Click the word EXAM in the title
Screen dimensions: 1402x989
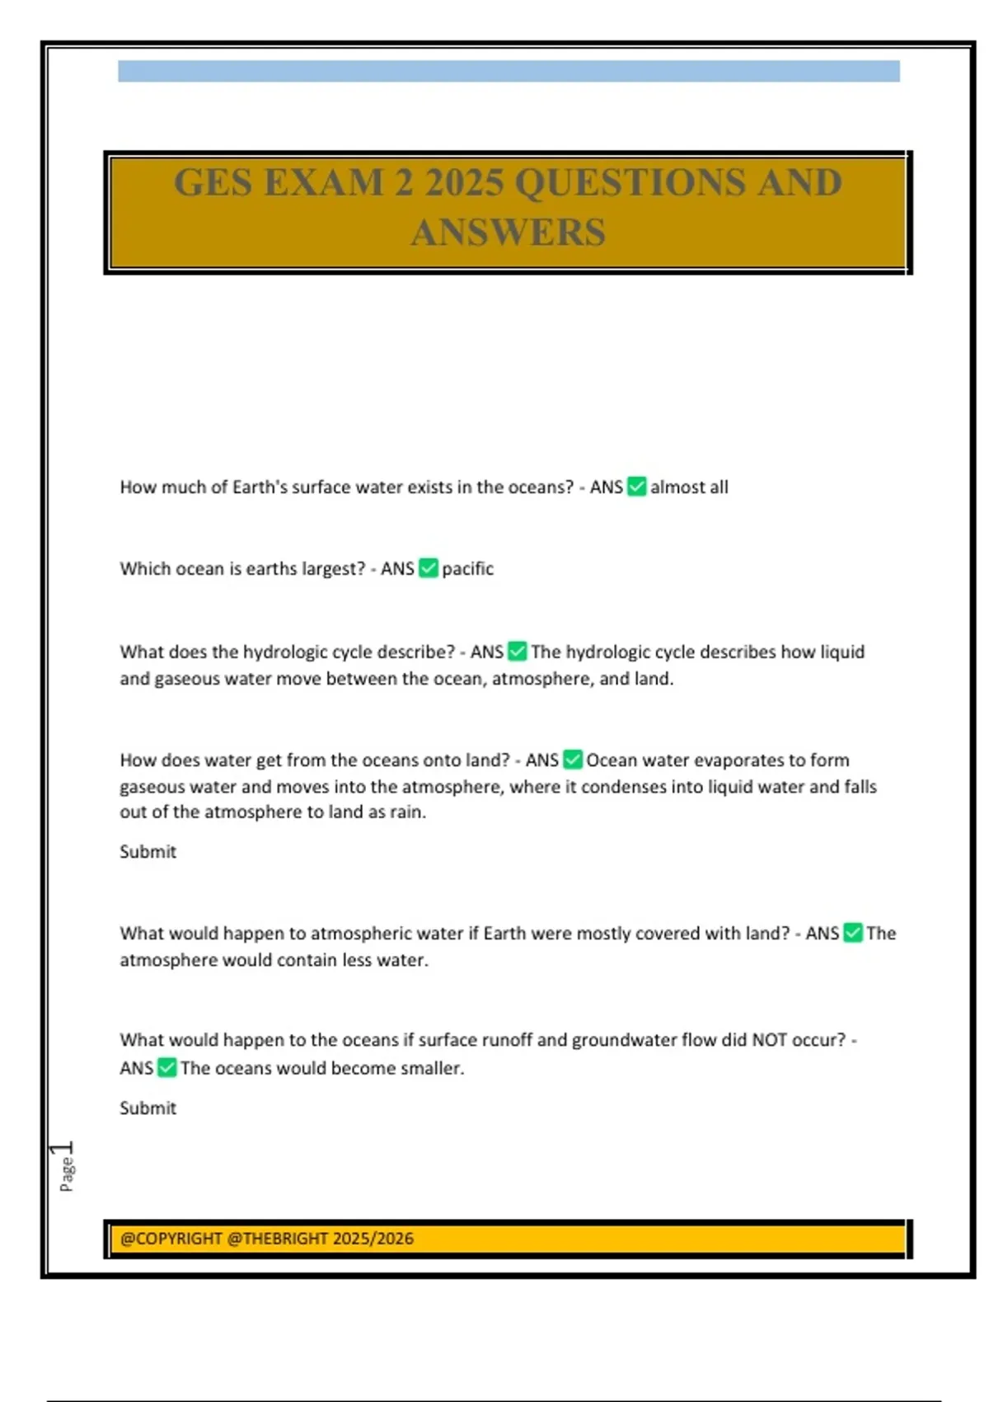tap(324, 182)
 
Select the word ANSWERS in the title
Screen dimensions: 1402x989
tap(508, 233)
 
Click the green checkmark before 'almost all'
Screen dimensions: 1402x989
tap(636, 487)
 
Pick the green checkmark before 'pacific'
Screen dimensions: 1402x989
tap(428, 568)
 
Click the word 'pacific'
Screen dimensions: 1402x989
tap(467, 569)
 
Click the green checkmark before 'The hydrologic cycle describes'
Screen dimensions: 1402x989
tap(517, 652)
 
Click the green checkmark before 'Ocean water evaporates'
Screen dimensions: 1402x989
tap(572, 760)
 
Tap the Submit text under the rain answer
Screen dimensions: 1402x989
tap(148, 852)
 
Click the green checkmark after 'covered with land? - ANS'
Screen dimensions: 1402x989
tap(853, 933)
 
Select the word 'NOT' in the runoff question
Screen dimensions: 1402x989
tap(769, 1040)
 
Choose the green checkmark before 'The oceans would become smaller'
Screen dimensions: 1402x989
tap(166, 1068)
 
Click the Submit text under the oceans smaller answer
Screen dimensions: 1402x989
tap(148, 1108)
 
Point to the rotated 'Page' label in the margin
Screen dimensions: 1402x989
tap(67, 1174)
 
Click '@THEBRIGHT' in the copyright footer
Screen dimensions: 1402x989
tap(277, 1239)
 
